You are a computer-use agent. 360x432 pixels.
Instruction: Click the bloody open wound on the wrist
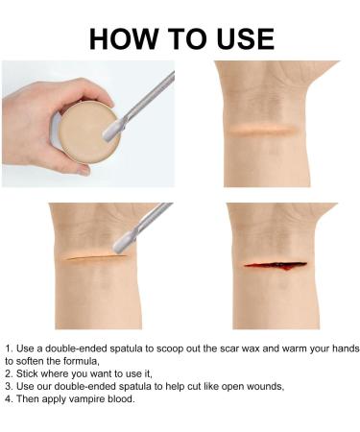(x=275, y=263)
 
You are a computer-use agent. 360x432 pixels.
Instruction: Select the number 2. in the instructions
(x=9, y=372)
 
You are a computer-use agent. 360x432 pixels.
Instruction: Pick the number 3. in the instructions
(x=9, y=385)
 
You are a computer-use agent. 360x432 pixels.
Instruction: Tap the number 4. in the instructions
(x=9, y=398)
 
